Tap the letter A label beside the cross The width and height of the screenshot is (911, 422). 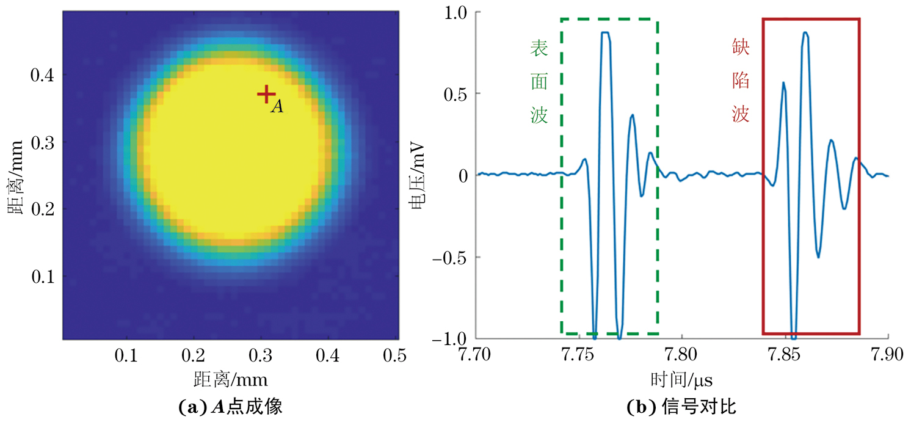[277, 107]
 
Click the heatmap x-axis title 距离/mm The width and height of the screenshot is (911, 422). [230, 380]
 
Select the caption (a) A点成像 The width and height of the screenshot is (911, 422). [230, 406]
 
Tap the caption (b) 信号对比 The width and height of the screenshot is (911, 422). [681, 406]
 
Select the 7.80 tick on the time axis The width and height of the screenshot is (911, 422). [681, 354]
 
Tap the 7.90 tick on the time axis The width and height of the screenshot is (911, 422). [886, 354]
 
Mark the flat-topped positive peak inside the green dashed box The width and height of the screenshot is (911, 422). [605, 33]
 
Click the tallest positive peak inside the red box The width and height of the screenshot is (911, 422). [805, 33]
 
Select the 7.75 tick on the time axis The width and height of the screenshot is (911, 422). [579, 354]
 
